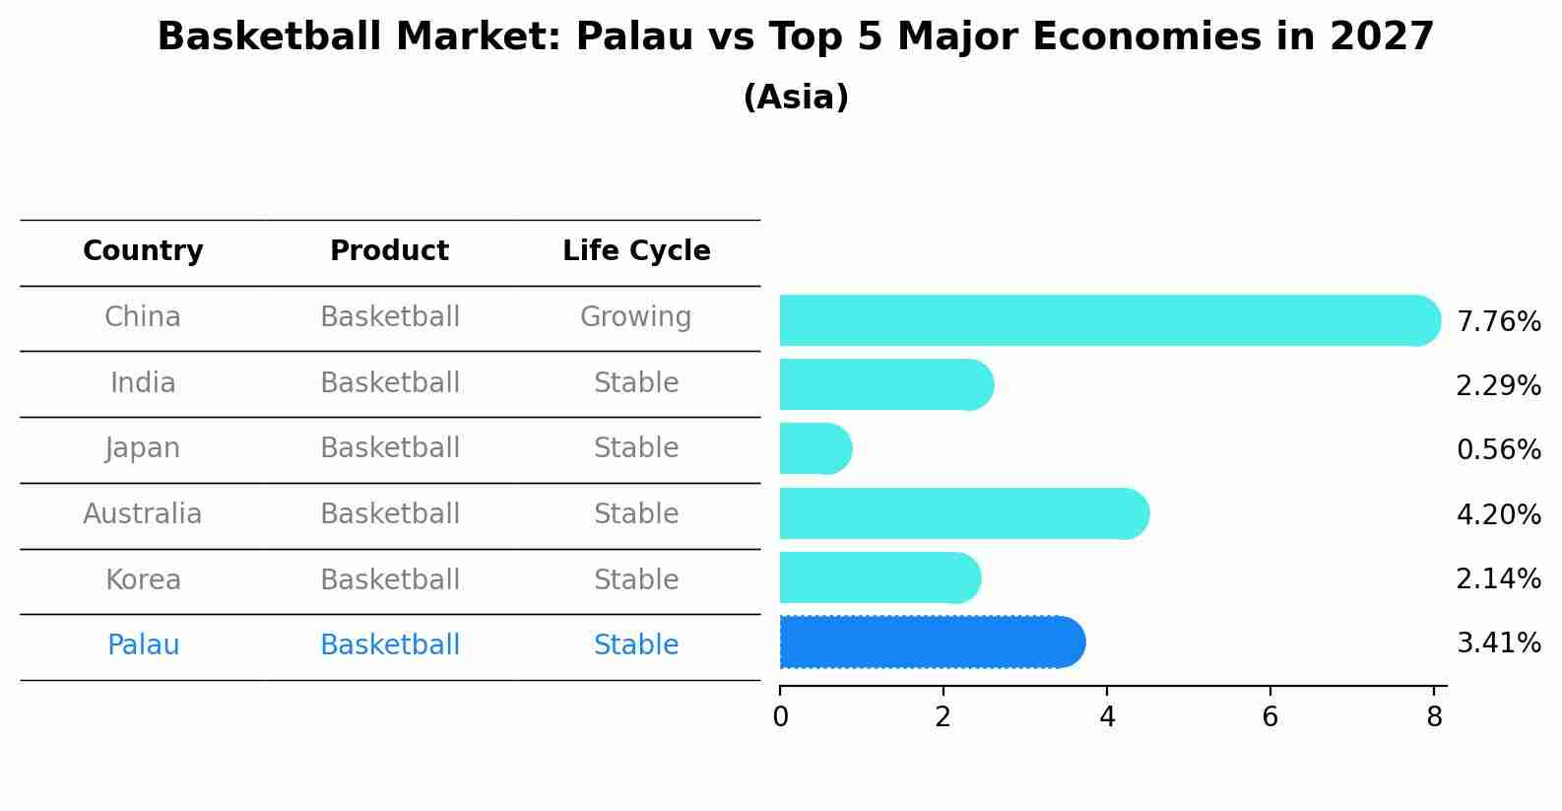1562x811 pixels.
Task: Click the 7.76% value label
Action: point(1498,322)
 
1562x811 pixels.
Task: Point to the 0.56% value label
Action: point(1498,450)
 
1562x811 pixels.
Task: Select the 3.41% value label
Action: point(1498,643)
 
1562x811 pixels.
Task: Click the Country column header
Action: point(143,251)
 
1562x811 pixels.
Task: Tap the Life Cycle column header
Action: point(636,251)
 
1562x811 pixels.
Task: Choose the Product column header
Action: point(389,251)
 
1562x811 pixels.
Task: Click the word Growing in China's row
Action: point(635,317)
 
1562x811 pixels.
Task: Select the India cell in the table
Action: point(143,383)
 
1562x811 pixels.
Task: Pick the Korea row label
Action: point(143,580)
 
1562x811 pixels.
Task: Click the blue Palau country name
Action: point(143,645)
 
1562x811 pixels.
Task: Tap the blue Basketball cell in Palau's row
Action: point(389,645)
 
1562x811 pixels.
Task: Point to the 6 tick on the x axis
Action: point(1269,717)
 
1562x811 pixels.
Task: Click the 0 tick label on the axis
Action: point(780,717)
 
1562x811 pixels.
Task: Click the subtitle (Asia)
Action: point(796,98)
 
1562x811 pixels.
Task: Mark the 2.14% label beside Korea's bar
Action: point(1498,578)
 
